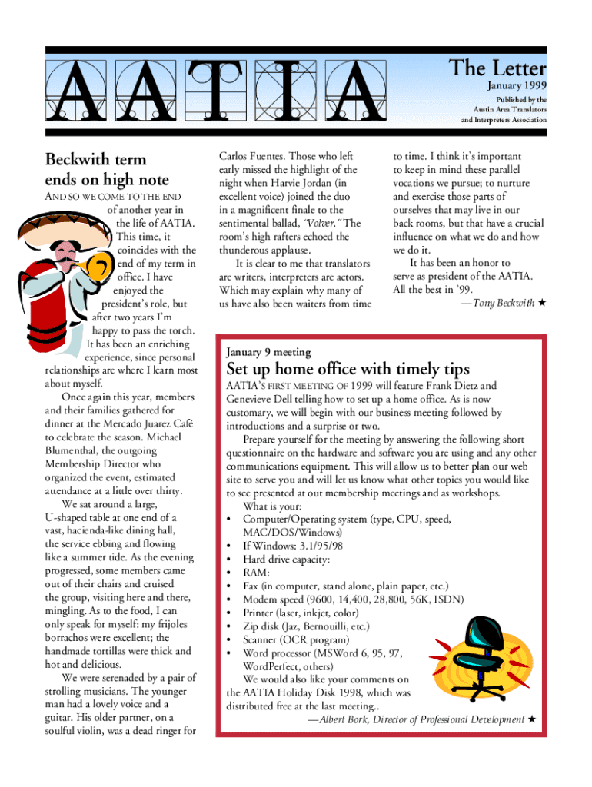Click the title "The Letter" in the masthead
coord(497,68)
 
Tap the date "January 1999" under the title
coord(517,86)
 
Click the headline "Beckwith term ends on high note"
coord(107,170)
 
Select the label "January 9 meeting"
coord(268,352)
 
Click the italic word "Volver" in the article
coord(322,223)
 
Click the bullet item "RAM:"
coord(256,573)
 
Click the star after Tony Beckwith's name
coord(541,304)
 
